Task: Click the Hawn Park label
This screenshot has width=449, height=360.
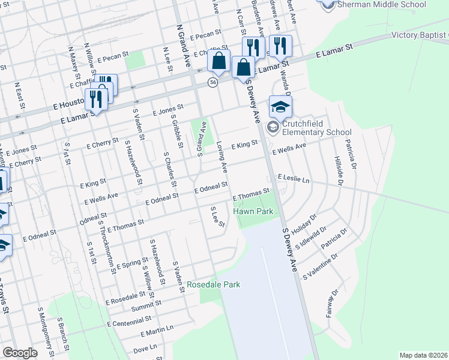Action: click(x=258, y=211)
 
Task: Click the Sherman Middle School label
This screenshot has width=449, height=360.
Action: click(x=382, y=5)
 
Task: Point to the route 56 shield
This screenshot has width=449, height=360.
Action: click(x=212, y=82)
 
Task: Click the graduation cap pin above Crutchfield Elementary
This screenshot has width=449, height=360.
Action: click(x=280, y=107)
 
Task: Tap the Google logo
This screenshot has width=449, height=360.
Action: click(x=20, y=353)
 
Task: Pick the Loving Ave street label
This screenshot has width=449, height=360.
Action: click(x=222, y=155)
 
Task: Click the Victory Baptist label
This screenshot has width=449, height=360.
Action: click(x=420, y=35)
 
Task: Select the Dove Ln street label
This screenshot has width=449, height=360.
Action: click(x=145, y=347)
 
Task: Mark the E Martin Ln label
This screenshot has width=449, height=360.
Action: click(x=157, y=331)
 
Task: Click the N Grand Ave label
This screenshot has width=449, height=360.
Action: click(x=182, y=40)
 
